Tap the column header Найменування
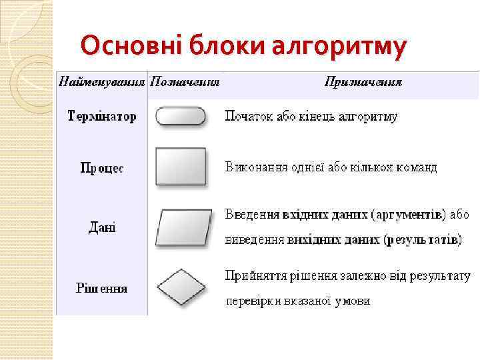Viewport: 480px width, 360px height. click(103, 82)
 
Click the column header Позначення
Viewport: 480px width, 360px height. click(185, 82)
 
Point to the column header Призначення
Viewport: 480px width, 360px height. click(363, 82)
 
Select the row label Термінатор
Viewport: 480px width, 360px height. click(103, 117)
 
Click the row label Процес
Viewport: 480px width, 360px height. click(102, 169)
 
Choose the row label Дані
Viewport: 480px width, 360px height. click(102, 227)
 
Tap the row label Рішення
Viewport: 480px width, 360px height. click(102, 289)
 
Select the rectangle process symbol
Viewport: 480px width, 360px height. click(181, 167)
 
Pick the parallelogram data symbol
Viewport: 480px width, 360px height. click(184, 229)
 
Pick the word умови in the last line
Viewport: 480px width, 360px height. click(353, 301)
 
